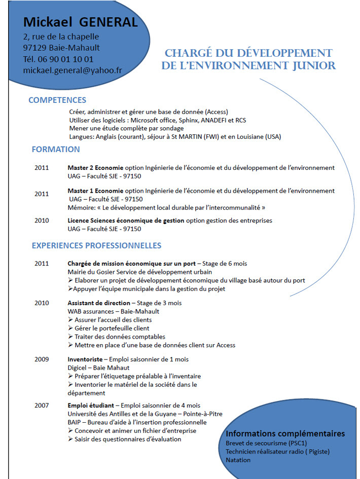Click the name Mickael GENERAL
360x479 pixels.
(x=80, y=22)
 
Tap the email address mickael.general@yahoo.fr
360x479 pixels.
(x=73, y=70)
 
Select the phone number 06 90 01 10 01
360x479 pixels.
(x=66, y=59)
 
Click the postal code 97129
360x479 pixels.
(x=35, y=48)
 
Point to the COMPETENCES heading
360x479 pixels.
(x=57, y=100)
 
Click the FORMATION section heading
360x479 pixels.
(x=56, y=150)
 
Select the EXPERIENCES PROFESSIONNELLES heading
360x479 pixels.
(x=96, y=246)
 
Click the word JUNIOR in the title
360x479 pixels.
(x=309, y=66)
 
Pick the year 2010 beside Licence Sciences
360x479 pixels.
(x=42, y=221)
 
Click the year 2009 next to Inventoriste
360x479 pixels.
(x=42, y=359)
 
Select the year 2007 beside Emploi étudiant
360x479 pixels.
(x=42, y=406)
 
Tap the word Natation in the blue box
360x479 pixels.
(x=238, y=460)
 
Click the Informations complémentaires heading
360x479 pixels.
(x=285, y=434)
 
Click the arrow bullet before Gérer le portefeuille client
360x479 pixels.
(x=70, y=328)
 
